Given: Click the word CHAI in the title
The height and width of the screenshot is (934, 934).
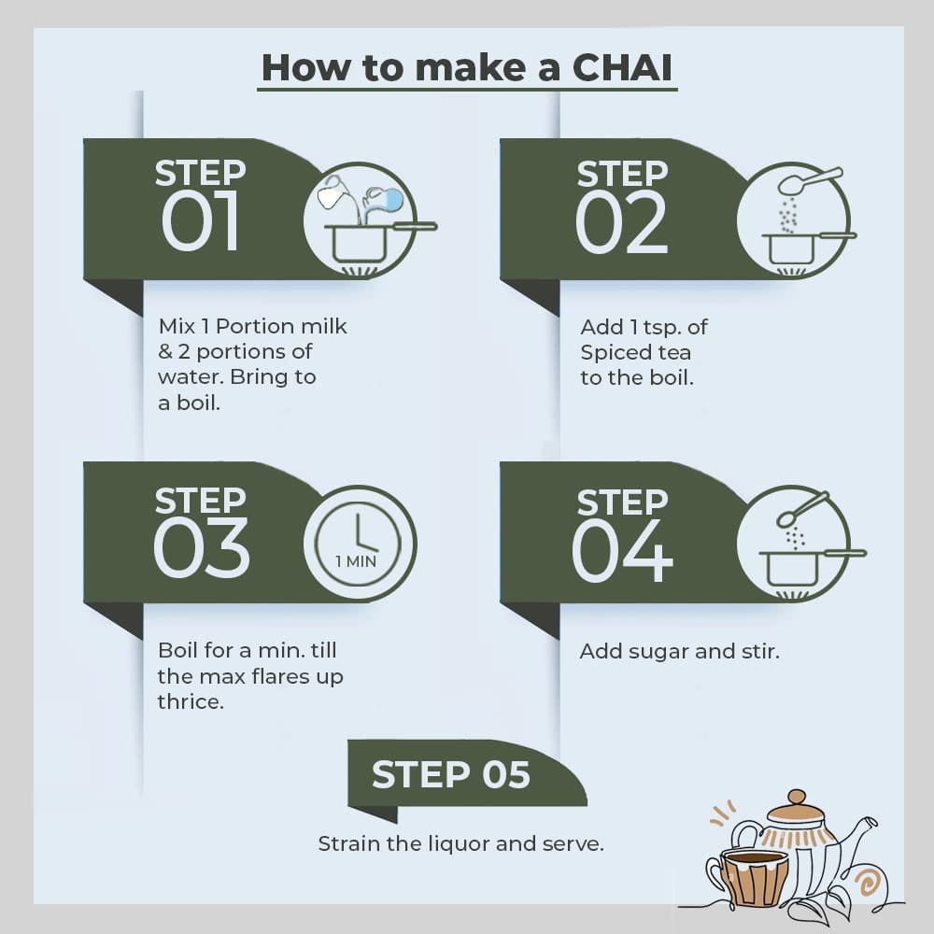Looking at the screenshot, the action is [622, 67].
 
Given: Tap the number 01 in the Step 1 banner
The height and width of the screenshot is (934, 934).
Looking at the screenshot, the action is [201, 221].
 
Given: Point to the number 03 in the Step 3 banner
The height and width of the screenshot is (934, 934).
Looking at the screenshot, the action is [201, 547].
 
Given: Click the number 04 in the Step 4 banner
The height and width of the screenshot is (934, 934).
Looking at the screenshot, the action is [622, 550].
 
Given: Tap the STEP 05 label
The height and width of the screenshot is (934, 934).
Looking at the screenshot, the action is [451, 774].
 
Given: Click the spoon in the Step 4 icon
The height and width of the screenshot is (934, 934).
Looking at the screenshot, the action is [801, 509].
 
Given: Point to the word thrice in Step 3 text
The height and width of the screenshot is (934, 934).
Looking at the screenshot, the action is [191, 701].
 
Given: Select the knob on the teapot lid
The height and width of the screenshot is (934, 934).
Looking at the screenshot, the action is [797, 797].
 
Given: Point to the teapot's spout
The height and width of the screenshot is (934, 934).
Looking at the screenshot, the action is [861, 834].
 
